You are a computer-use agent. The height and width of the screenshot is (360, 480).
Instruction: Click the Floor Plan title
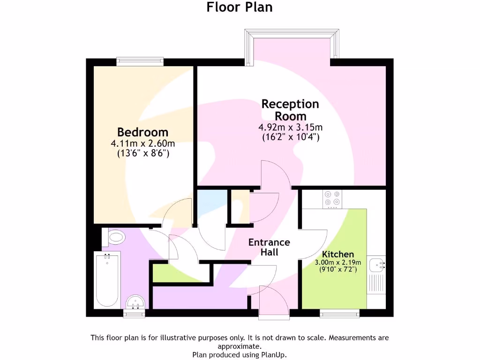240,7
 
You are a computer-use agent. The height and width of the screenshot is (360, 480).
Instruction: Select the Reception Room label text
290,110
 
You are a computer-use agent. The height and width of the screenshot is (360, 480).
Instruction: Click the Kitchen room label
337,254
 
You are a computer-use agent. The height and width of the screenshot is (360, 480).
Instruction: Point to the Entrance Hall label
269,247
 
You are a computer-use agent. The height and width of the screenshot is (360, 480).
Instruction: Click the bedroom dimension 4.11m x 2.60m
142,143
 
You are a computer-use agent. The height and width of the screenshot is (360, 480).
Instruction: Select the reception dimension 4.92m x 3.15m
290,127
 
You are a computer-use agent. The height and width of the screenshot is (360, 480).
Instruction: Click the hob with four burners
332,199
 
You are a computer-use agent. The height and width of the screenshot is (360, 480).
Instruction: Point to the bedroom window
140,60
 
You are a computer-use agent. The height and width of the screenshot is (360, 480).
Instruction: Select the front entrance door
274,300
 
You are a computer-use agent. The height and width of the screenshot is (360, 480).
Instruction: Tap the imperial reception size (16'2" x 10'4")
290,137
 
